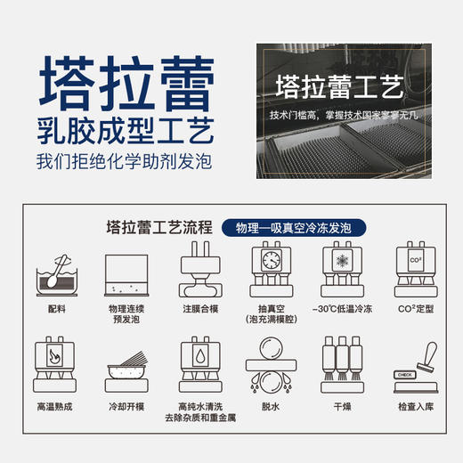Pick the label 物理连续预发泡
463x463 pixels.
click(x=126, y=314)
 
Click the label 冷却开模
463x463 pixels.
click(x=126, y=406)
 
